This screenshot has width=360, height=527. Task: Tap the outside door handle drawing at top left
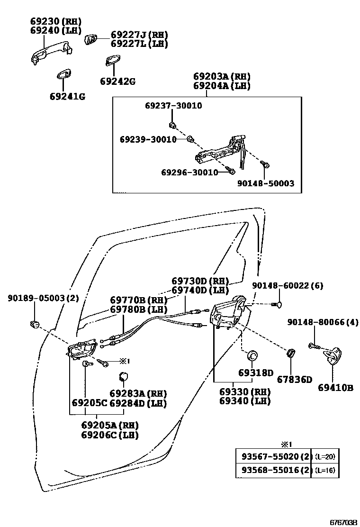tap(50, 53)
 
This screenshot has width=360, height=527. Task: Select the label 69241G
tap(67, 97)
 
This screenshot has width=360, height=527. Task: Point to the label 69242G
tap(117, 81)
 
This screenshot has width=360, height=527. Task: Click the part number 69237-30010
tap(173, 106)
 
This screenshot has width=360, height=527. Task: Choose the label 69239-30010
tap(148, 139)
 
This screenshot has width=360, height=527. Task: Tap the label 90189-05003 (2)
tap(43, 298)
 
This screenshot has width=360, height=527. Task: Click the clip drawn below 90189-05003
tap(35, 325)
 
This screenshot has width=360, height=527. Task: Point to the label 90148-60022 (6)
tap(288, 285)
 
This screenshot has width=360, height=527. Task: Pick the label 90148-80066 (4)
tap(323, 322)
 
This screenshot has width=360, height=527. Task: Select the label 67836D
tap(295, 379)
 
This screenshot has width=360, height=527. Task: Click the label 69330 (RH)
tap(244, 392)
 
